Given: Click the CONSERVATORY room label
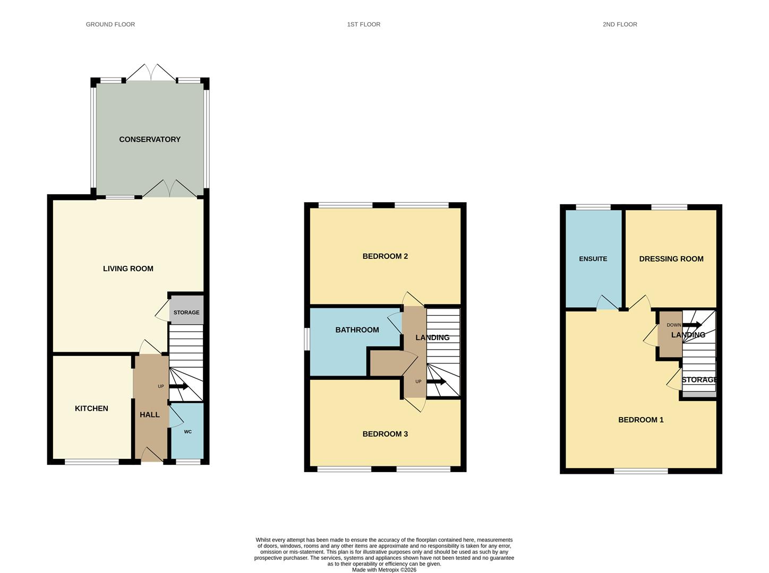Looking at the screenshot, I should point(150,140).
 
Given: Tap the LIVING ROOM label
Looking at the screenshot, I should point(128,268).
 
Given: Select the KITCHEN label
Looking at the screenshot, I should point(91,409).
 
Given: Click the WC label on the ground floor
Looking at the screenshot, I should point(187,432).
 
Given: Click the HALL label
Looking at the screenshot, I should point(150,414).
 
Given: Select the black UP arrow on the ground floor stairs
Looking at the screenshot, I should point(178,386).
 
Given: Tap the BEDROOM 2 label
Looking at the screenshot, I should point(385,256).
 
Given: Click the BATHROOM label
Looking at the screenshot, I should point(357,330).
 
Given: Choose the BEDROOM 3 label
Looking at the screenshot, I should point(385,434).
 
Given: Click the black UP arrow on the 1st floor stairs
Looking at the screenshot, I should point(437,381).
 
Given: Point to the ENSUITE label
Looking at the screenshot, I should point(593,259).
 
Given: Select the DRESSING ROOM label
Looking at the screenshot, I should point(671,259).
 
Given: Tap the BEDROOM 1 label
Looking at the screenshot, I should point(641,420).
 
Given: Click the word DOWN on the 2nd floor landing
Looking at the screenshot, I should point(673,325).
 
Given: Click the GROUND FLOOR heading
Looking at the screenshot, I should point(110,24).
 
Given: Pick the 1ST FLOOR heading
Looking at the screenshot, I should point(364,24).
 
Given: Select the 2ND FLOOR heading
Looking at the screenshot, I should point(620,24).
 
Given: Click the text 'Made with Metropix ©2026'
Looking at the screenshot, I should point(384,570).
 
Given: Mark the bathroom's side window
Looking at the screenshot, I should point(307,340).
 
